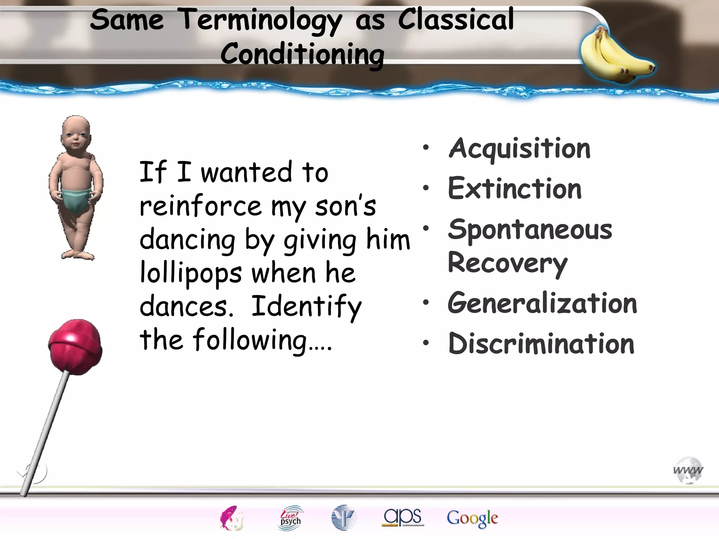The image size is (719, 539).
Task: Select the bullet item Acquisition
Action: tap(520, 149)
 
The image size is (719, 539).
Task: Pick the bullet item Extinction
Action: tap(515, 189)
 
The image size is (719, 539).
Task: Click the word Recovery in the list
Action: tap(508, 263)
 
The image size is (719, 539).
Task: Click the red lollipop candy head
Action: tap(75, 345)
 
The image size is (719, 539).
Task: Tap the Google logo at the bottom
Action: tap(472, 518)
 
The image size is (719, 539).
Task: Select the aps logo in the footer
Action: tap(403, 517)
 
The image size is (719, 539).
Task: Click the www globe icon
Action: tap(688, 470)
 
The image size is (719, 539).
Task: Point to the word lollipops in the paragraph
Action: tap(191, 273)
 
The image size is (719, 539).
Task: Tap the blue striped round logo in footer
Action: tap(344, 518)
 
